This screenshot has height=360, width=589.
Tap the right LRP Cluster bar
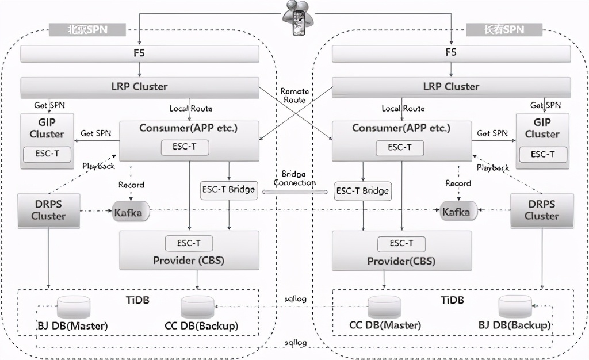point(451,87)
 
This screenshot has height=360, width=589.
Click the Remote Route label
point(294,95)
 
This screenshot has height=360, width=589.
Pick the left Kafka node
point(131,212)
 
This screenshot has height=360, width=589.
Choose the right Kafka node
point(459,212)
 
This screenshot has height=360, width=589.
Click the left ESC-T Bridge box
point(229,189)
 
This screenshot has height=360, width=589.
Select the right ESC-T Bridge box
point(362,191)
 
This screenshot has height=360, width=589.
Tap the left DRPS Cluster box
point(48,210)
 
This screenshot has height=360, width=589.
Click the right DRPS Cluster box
point(541,210)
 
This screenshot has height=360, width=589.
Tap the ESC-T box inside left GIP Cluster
point(47,154)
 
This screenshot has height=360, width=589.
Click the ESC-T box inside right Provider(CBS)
point(401,243)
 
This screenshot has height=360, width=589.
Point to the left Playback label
point(98,166)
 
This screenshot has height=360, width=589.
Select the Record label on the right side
point(458,183)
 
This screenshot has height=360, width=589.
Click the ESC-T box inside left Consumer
point(185,147)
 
